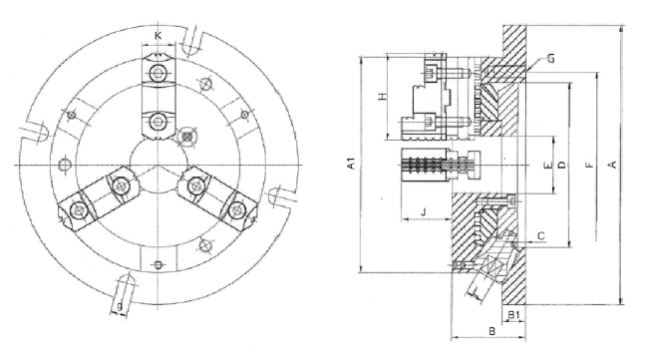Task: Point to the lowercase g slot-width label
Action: [120, 306]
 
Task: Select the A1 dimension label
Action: [350, 166]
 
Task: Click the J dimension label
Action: [424, 211]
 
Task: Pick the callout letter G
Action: [550, 61]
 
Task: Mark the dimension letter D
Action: [561, 163]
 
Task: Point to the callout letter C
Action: [539, 236]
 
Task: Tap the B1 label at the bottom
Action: [513, 316]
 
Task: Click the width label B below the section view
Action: [490, 329]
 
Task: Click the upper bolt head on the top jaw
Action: [159, 76]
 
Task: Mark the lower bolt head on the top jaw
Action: [159, 122]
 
